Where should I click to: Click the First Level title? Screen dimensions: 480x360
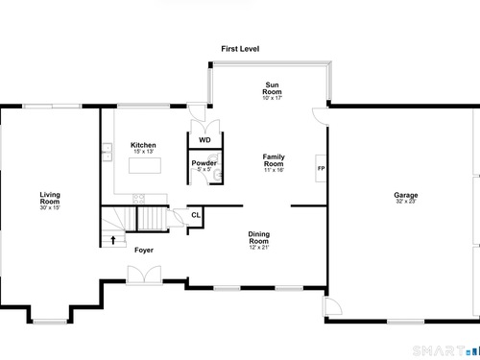click(x=240, y=49)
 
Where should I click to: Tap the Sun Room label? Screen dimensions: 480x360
click(x=272, y=88)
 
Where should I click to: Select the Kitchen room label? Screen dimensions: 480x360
click(x=143, y=145)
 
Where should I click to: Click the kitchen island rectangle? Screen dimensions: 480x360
click(x=145, y=165)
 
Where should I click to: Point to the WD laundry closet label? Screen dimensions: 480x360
click(x=204, y=140)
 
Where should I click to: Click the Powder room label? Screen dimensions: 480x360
click(x=204, y=163)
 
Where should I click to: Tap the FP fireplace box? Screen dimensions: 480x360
click(x=321, y=168)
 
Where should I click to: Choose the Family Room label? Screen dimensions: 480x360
click(x=274, y=160)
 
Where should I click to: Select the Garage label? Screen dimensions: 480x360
click(x=406, y=195)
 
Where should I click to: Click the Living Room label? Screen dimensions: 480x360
click(x=50, y=198)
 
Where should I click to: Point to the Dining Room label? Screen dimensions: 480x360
click(x=259, y=237)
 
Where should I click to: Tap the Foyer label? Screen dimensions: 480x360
click(x=144, y=250)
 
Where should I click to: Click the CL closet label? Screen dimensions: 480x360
click(x=196, y=215)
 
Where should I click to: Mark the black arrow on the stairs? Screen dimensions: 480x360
click(x=113, y=240)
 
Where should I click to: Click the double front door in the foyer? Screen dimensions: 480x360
click(x=144, y=275)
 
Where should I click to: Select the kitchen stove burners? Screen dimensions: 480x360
click(x=139, y=199)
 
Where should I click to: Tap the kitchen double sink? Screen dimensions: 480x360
click(x=107, y=152)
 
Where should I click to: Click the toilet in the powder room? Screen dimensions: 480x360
click(x=214, y=157)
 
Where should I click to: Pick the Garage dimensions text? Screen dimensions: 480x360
click(x=406, y=202)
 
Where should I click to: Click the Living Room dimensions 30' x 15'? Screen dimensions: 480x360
click(x=50, y=207)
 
